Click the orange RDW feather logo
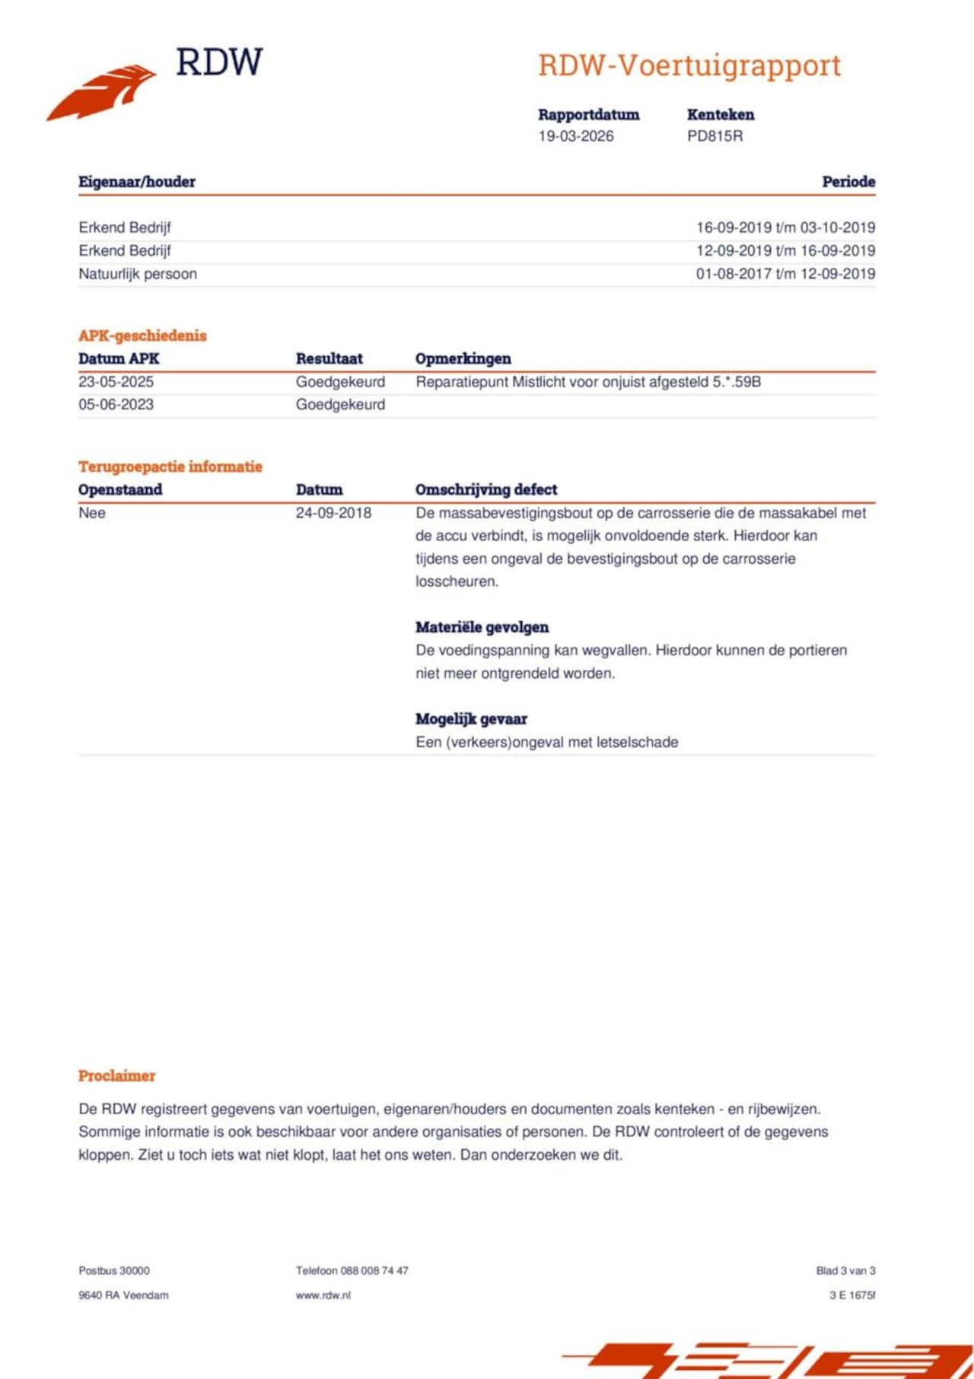point(103,91)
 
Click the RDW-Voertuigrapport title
point(689,65)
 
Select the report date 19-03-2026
point(576,136)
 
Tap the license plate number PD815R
point(715,136)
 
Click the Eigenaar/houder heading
point(137,182)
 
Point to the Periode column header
point(848,182)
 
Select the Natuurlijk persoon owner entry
point(138,274)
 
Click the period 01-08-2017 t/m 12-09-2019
point(785,274)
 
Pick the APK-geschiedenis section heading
point(142,336)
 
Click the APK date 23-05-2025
point(116,382)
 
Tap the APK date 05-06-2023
point(116,405)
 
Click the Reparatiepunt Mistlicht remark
point(587,382)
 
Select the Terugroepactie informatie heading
point(170,467)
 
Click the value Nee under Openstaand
point(92,513)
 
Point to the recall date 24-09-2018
point(333,513)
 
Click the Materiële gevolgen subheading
point(482,628)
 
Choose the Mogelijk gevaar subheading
point(471,719)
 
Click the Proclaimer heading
point(116,1076)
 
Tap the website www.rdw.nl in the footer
point(323,1295)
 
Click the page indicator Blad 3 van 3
point(845,1271)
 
